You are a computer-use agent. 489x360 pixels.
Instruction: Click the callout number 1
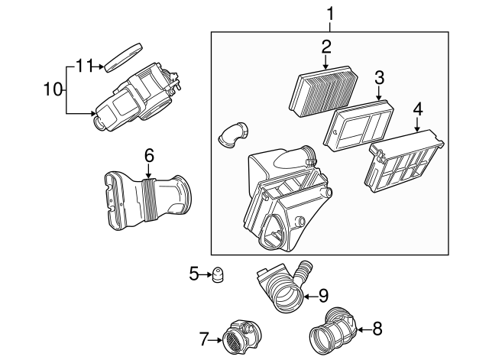[x=330, y=13]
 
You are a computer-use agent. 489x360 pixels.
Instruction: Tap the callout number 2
[x=326, y=47]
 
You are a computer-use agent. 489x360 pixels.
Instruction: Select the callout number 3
[x=379, y=78]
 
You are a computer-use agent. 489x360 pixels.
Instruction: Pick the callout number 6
[x=149, y=155]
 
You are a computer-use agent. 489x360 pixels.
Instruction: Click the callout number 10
[x=50, y=89]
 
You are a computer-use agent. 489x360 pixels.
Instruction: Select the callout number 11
[x=85, y=66]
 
